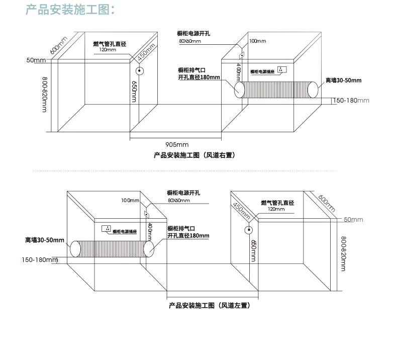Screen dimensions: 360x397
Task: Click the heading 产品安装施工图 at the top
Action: (70, 10)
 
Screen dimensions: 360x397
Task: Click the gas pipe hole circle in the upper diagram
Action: (141, 71)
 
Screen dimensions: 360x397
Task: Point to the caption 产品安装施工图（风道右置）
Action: (194, 155)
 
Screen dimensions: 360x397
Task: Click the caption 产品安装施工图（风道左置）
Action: (210, 305)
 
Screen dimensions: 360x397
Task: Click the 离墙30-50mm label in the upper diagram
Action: (343, 80)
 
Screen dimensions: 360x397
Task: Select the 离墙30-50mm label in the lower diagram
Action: (45, 240)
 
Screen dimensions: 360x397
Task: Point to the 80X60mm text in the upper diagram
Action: (189, 41)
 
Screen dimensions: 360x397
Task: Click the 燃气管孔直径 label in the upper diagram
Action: (110, 44)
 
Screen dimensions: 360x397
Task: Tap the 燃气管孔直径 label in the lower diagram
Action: (277, 203)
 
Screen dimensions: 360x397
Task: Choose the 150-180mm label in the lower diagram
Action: (40, 260)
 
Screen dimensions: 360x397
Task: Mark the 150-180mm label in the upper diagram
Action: (351, 101)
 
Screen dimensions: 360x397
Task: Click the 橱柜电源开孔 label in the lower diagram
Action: (184, 193)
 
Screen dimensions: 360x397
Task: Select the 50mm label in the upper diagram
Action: (36, 60)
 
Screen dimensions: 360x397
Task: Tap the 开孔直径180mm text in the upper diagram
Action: (199, 77)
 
